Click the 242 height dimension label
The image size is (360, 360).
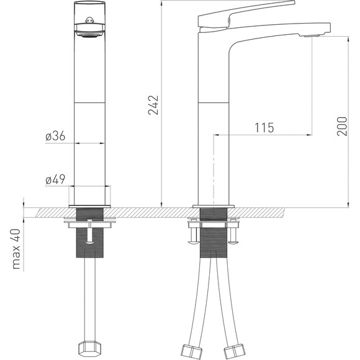(x=153, y=105)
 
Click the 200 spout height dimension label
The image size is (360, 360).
(x=342, y=126)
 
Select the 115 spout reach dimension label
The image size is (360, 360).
(x=264, y=128)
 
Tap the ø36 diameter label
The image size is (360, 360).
(x=55, y=136)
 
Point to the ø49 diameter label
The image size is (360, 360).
(x=55, y=179)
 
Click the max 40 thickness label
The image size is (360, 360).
(x=16, y=249)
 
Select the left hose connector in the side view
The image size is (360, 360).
(x=191, y=351)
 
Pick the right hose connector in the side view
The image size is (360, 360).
(x=235, y=351)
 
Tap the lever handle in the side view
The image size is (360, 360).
(x=246, y=14)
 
